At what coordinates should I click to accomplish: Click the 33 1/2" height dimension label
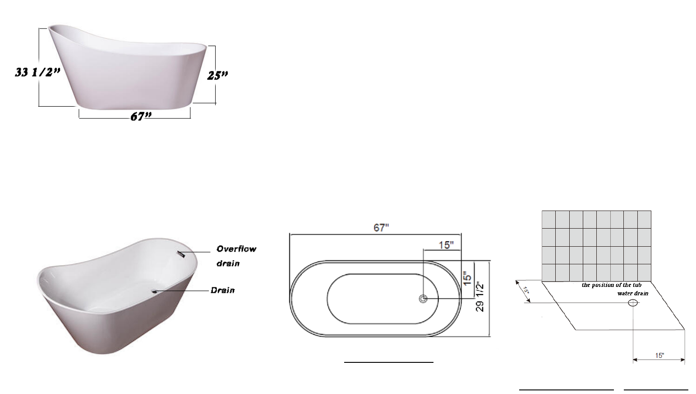[37, 72]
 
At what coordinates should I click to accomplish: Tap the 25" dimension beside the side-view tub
[217, 75]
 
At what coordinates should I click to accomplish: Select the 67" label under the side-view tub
[141, 117]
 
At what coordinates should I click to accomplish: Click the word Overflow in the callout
[236, 249]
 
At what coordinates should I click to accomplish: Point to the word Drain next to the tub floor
[223, 291]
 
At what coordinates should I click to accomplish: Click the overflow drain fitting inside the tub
[181, 254]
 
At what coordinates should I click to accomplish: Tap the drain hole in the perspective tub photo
[154, 291]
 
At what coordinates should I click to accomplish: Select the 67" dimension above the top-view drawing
[381, 228]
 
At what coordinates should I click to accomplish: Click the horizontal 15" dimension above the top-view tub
[446, 245]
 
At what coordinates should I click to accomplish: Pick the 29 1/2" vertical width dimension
[480, 296]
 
